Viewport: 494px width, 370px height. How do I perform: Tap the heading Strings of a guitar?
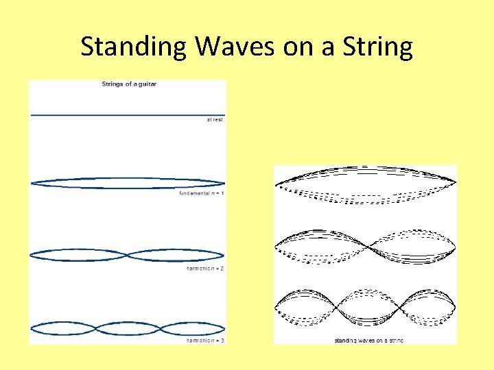(x=129, y=84)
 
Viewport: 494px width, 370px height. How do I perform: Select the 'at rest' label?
(x=215, y=119)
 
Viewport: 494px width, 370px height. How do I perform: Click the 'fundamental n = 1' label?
(x=202, y=194)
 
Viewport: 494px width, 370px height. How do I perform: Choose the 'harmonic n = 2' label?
(x=205, y=269)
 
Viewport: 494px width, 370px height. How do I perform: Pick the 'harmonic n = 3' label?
(x=205, y=341)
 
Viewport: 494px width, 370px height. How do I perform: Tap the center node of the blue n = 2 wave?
(x=128, y=255)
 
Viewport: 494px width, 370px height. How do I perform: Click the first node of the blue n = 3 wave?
(x=96, y=327)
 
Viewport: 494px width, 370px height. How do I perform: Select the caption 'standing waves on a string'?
(x=368, y=341)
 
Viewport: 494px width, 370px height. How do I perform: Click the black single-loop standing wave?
(x=365, y=184)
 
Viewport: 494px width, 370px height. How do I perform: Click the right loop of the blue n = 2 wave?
(x=176, y=255)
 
